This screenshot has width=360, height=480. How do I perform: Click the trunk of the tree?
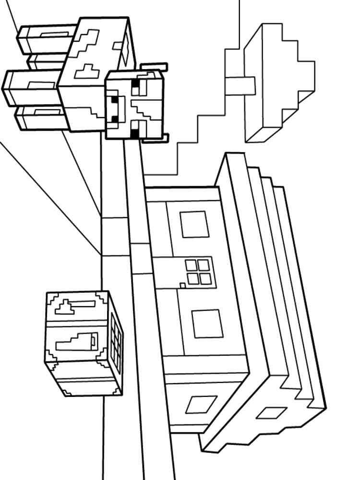[240, 85]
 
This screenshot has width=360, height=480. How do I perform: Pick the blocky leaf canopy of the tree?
[278, 82]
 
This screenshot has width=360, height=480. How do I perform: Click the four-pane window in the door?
[197, 272]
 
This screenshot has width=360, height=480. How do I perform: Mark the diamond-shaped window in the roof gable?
[271, 413]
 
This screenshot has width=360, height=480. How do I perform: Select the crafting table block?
[84, 343]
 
